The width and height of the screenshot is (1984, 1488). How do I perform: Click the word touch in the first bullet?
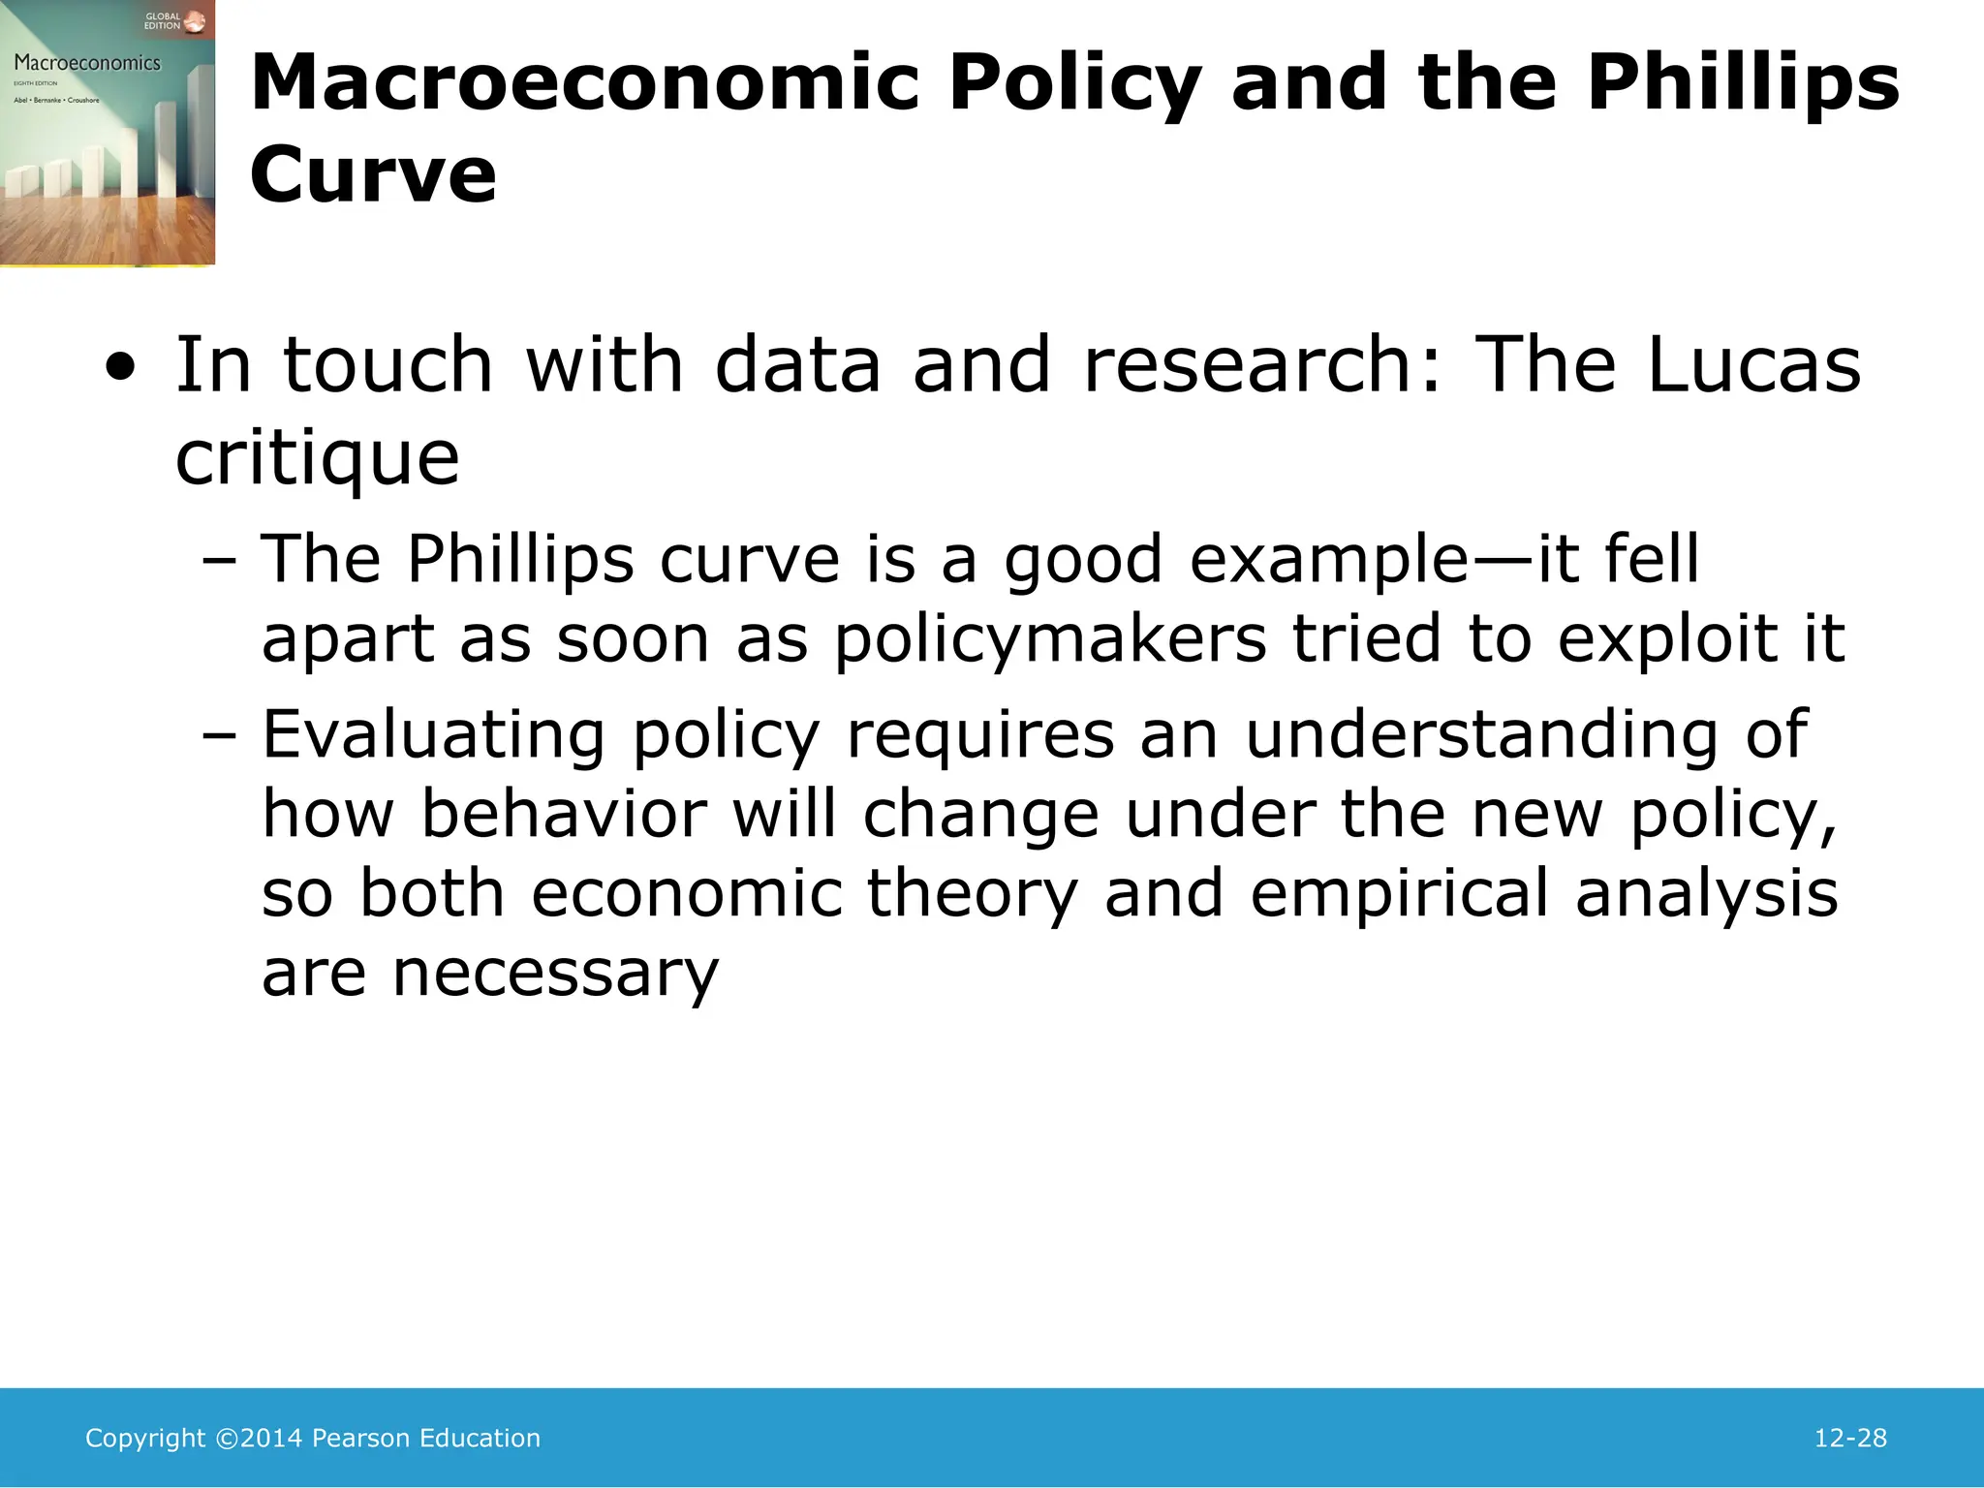click(x=387, y=365)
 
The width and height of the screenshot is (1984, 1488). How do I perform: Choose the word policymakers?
click(x=1050, y=640)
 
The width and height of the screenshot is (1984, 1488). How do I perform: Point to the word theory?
click(x=972, y=893)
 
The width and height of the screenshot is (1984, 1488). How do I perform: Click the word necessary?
click(x=556, y=974)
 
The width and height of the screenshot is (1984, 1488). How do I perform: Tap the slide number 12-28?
click(x=1850, y=1439)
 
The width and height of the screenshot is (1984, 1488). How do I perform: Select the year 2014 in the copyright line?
click(x=271, y=1439)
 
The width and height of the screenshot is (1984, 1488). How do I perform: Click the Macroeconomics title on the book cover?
click(x=87, y=64)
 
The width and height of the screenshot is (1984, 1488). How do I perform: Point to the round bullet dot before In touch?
click(x=121, y=368)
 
